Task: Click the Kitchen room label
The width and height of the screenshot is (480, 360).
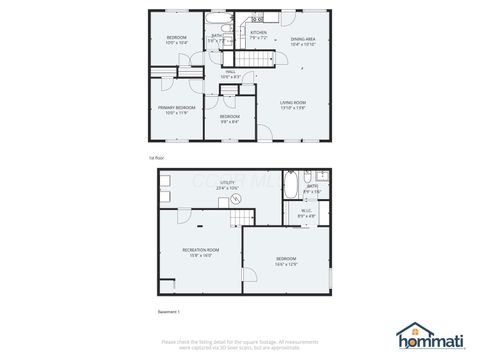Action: (258, 34)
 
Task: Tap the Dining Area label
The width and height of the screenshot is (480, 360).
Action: (303, 42)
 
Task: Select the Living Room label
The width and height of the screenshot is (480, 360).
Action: (292, 104)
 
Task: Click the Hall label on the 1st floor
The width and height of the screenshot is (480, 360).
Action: (229, 74)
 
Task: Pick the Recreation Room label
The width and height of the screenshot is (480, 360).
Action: (201, 251)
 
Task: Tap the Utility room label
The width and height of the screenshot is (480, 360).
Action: (227, 185)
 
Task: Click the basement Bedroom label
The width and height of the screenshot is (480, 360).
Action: (286, 262)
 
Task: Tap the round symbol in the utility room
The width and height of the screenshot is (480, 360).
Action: (237, 199)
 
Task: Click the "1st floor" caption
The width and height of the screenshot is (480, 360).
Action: (157, 158)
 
